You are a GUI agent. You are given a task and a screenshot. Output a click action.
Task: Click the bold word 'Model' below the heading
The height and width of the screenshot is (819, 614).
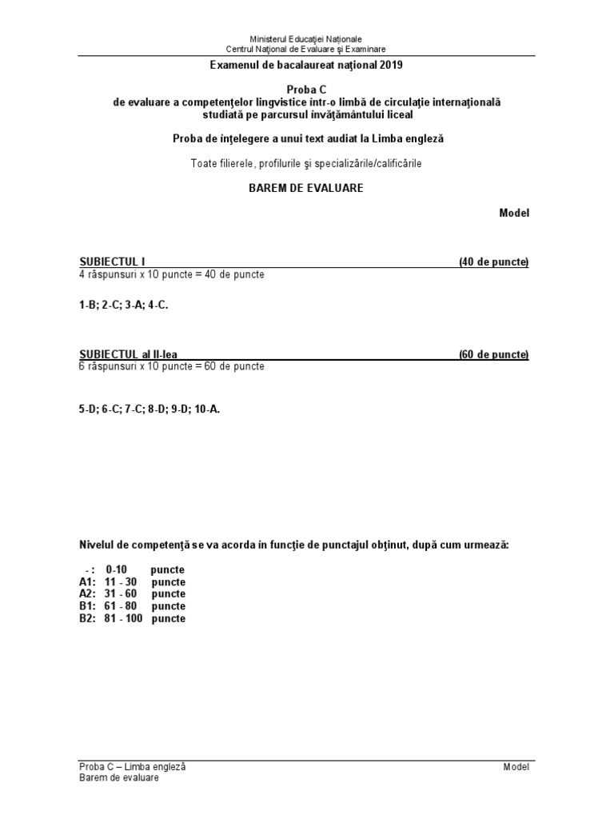514,213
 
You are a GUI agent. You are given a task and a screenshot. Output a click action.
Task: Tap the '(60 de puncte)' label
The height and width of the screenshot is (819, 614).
493,354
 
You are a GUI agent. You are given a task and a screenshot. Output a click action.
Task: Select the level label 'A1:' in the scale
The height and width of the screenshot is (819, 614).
87,582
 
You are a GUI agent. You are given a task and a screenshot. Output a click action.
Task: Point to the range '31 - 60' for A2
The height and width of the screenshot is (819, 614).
122,594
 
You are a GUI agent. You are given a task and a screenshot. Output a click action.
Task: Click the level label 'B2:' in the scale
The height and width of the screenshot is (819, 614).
87,619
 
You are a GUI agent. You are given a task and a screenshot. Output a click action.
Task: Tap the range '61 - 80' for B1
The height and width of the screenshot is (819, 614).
122,606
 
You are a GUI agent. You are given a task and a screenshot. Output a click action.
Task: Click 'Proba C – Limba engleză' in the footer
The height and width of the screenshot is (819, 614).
132,766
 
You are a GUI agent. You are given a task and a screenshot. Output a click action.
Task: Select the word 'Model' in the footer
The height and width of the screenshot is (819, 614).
516,766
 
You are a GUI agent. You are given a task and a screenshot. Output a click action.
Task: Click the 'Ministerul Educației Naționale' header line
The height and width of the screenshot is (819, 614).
306,38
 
